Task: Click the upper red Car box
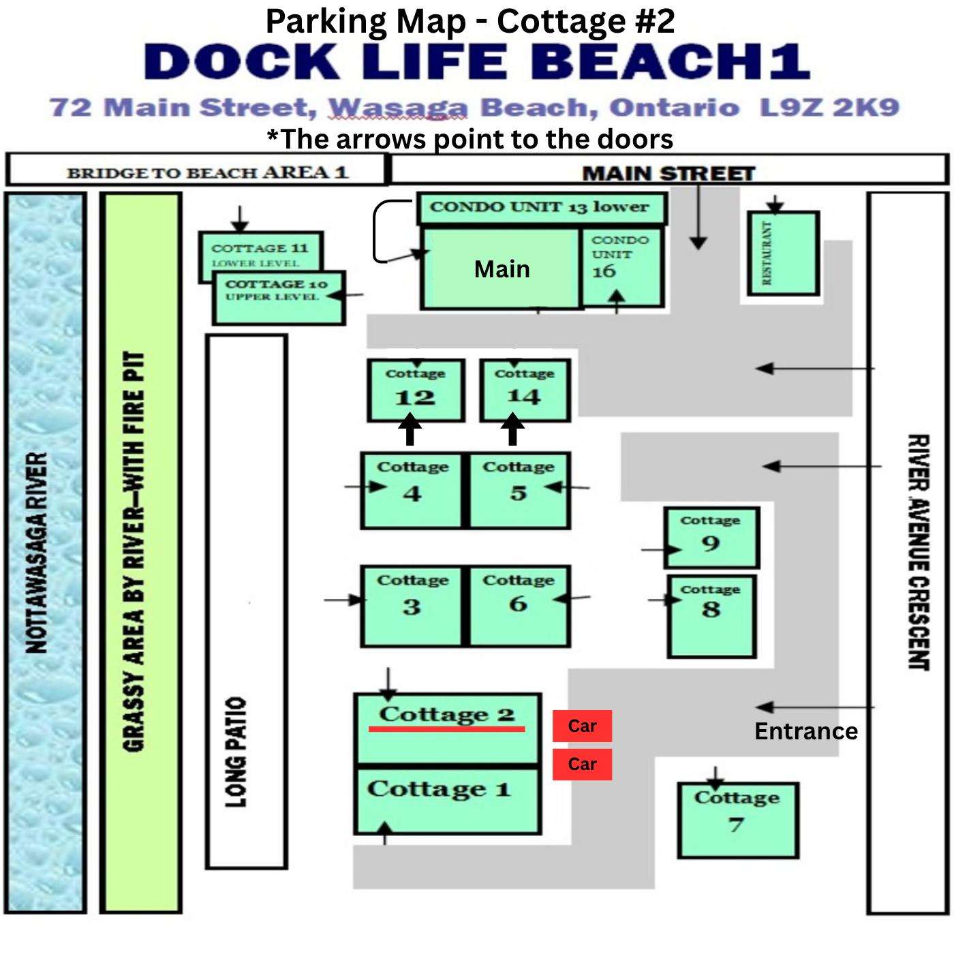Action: [x=582, y=726]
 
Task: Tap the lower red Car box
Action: [x=582, y=764]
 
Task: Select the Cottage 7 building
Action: [x=738, y=820]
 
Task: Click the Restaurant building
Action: [x=783, y=253]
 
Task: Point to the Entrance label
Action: [x=806, y=731]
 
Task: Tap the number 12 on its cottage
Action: [x=415, y=397]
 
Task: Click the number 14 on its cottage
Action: [x=524, y=396]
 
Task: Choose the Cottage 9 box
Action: [x=711, y=537]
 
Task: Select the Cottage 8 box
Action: [x=711, y=617]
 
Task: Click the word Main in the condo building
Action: [x=502, y=269]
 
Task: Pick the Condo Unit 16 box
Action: [x=622, y=267]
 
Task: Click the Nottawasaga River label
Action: [x=36, y=553]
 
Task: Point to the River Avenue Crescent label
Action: [x=919, y=552]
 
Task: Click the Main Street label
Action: [x=668, y=174]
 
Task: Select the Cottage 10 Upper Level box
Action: [x=279, y=298]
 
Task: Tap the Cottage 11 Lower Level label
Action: [x=260, y=254]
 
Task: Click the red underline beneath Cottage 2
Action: [x=446, y=728]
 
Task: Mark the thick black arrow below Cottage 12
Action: [x=410, y=430]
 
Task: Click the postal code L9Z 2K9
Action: [x=829, y=108]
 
